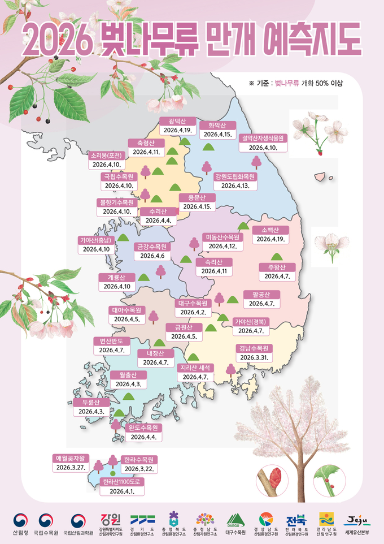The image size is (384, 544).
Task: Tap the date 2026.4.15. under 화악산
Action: (217, 135)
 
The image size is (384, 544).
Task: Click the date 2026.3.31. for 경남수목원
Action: (255, 358)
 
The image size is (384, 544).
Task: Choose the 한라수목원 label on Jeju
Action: (139, 459)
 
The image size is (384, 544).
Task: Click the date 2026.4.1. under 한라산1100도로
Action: (121, 491)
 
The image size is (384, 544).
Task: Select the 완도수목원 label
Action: (143, 428)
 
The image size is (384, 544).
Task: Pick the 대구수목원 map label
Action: (193, 303)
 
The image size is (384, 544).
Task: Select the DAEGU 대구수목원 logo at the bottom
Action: (235, 523)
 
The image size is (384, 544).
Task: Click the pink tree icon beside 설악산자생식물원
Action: (256, 162)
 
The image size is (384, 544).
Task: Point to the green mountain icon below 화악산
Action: (209, 147)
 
